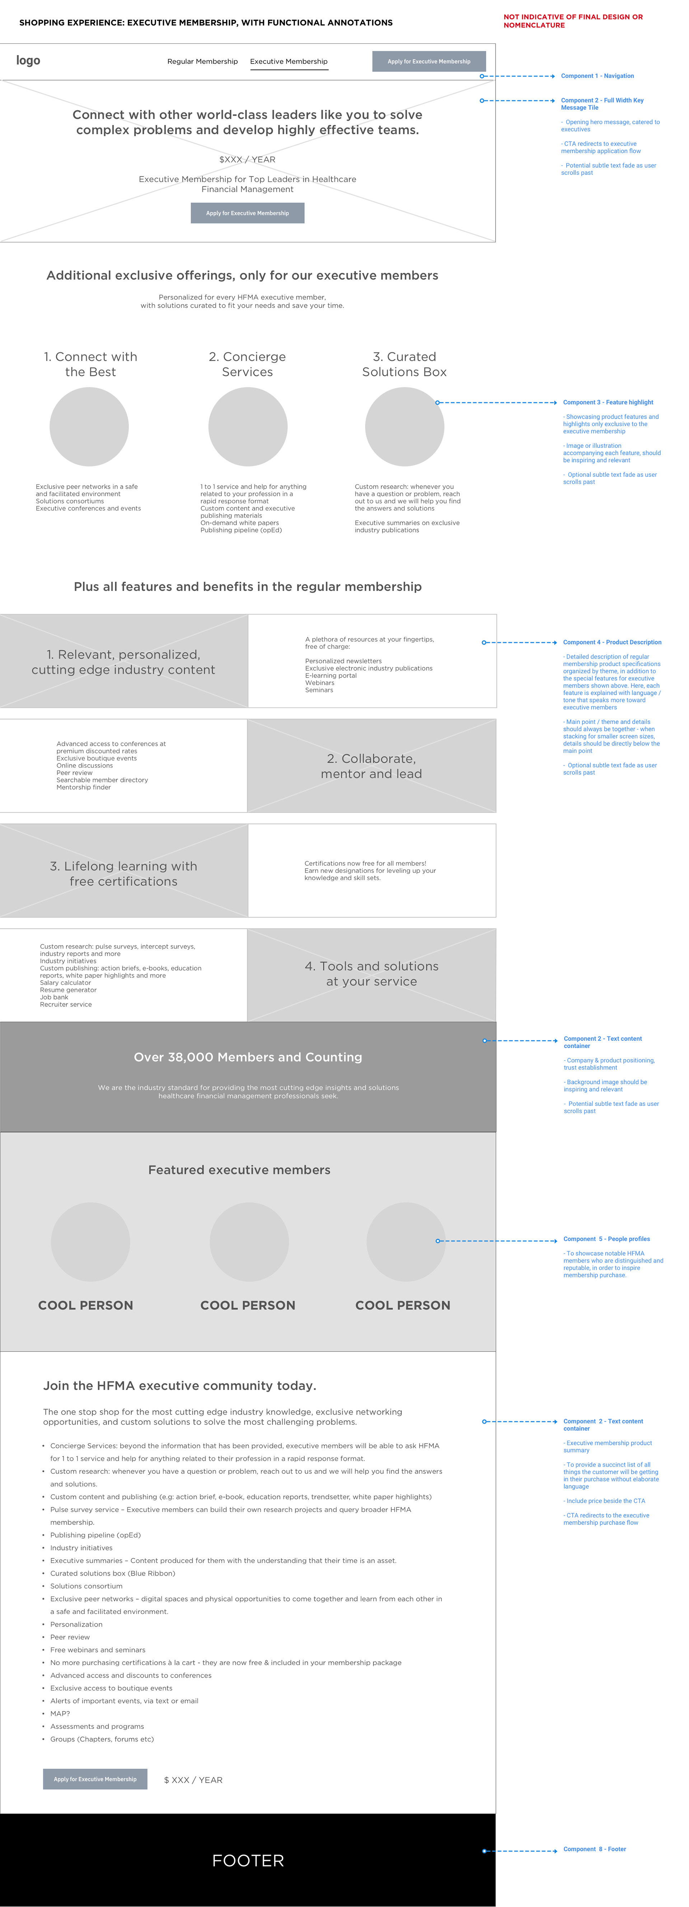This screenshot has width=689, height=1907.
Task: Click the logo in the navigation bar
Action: pyautogui.click(x=28, y=61)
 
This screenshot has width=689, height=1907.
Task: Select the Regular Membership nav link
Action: pyautogui.click(x=202, y=61)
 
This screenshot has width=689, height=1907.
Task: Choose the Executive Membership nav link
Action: pyautogui.click(x=289, y=61)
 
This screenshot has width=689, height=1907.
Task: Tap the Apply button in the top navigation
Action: pyautogui.click(x=428, y=61)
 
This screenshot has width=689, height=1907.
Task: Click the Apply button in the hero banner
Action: pyautogui.click(x=247, y=213)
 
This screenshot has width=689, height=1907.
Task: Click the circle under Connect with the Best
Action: pyautogui.click(x=89, y=427)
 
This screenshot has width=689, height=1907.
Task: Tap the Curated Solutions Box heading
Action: pyautogui.click(x=404, y=364)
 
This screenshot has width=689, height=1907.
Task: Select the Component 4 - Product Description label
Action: pyautogui.click(x=612, y=643)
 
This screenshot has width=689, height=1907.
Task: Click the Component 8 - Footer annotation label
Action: pyautogui.click(x=594, y=1849)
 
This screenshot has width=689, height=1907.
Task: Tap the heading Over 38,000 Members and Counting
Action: pyautogui.click(x=248, y=1057)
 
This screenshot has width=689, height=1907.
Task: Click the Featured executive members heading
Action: pyautogui.click(x=239, y=1170)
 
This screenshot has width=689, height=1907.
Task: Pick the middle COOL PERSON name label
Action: pyautogui.click(x=248, y=1305)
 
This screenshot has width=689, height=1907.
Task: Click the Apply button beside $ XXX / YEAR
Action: pyautogui.click(x=95, y=1779)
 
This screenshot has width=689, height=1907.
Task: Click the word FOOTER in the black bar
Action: pyautogui.click(x=248, y=1860)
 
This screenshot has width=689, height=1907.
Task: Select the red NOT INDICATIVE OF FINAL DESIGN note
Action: pyautogui.click(x=573, y=21)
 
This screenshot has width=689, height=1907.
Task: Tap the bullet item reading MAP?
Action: pyautogui.click(x=60, y=1713)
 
